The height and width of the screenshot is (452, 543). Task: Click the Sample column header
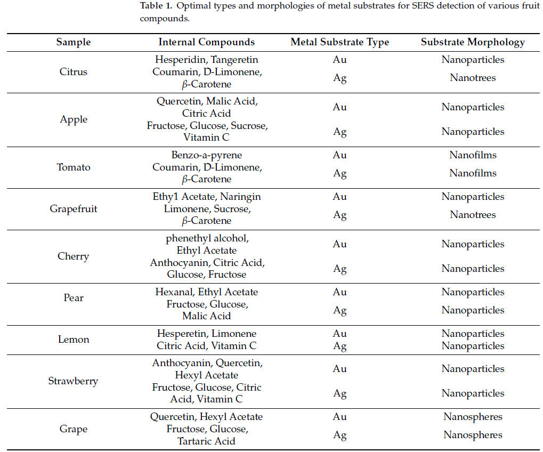pyautogui.click(x=74, y=42)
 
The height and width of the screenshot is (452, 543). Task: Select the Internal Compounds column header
pyautogui.click(x=206, y=42)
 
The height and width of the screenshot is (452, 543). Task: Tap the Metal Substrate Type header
pyautogui.click(x=339, y=42)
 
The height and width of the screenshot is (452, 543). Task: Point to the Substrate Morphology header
pyautogui.click(x=473, y=42)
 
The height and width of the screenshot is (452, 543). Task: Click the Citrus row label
pyautogui.click(x=74, y=71)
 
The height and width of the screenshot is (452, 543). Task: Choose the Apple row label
pyautogui.click(x=74, y=119)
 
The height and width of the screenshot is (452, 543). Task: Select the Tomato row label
pyautogui.click(x=74, y=167)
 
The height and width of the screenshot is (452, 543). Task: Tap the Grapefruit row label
pyautogui.click(x=74, y=208)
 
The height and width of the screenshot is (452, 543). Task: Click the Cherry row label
pyautogui.click(x=74, y=256)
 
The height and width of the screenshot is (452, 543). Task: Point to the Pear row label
pyautogui.click(x=74, y=297)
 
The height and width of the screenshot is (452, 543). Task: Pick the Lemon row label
pyautogui.click(x=74, y=340)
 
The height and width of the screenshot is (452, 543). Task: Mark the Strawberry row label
pyautogui.click(x=74, y=381)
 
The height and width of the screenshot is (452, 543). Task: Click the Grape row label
pyautogui.click(x=74, y=429)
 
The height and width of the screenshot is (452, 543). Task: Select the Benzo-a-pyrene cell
pyautogui.click(x=206, y=155)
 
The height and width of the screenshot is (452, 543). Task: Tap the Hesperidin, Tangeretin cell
pyautogui.click(x=206, y=60)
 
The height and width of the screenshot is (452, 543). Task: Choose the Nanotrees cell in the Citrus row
pyautogui.click(x=473, y=78)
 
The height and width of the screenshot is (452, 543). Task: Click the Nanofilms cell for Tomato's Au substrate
pyautogui.click(x=473, y=155)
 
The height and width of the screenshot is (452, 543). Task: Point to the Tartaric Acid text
pyautogui.click(x=206, y=441)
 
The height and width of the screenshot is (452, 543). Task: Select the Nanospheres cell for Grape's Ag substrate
pyautogui.click(x=473, y=435)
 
